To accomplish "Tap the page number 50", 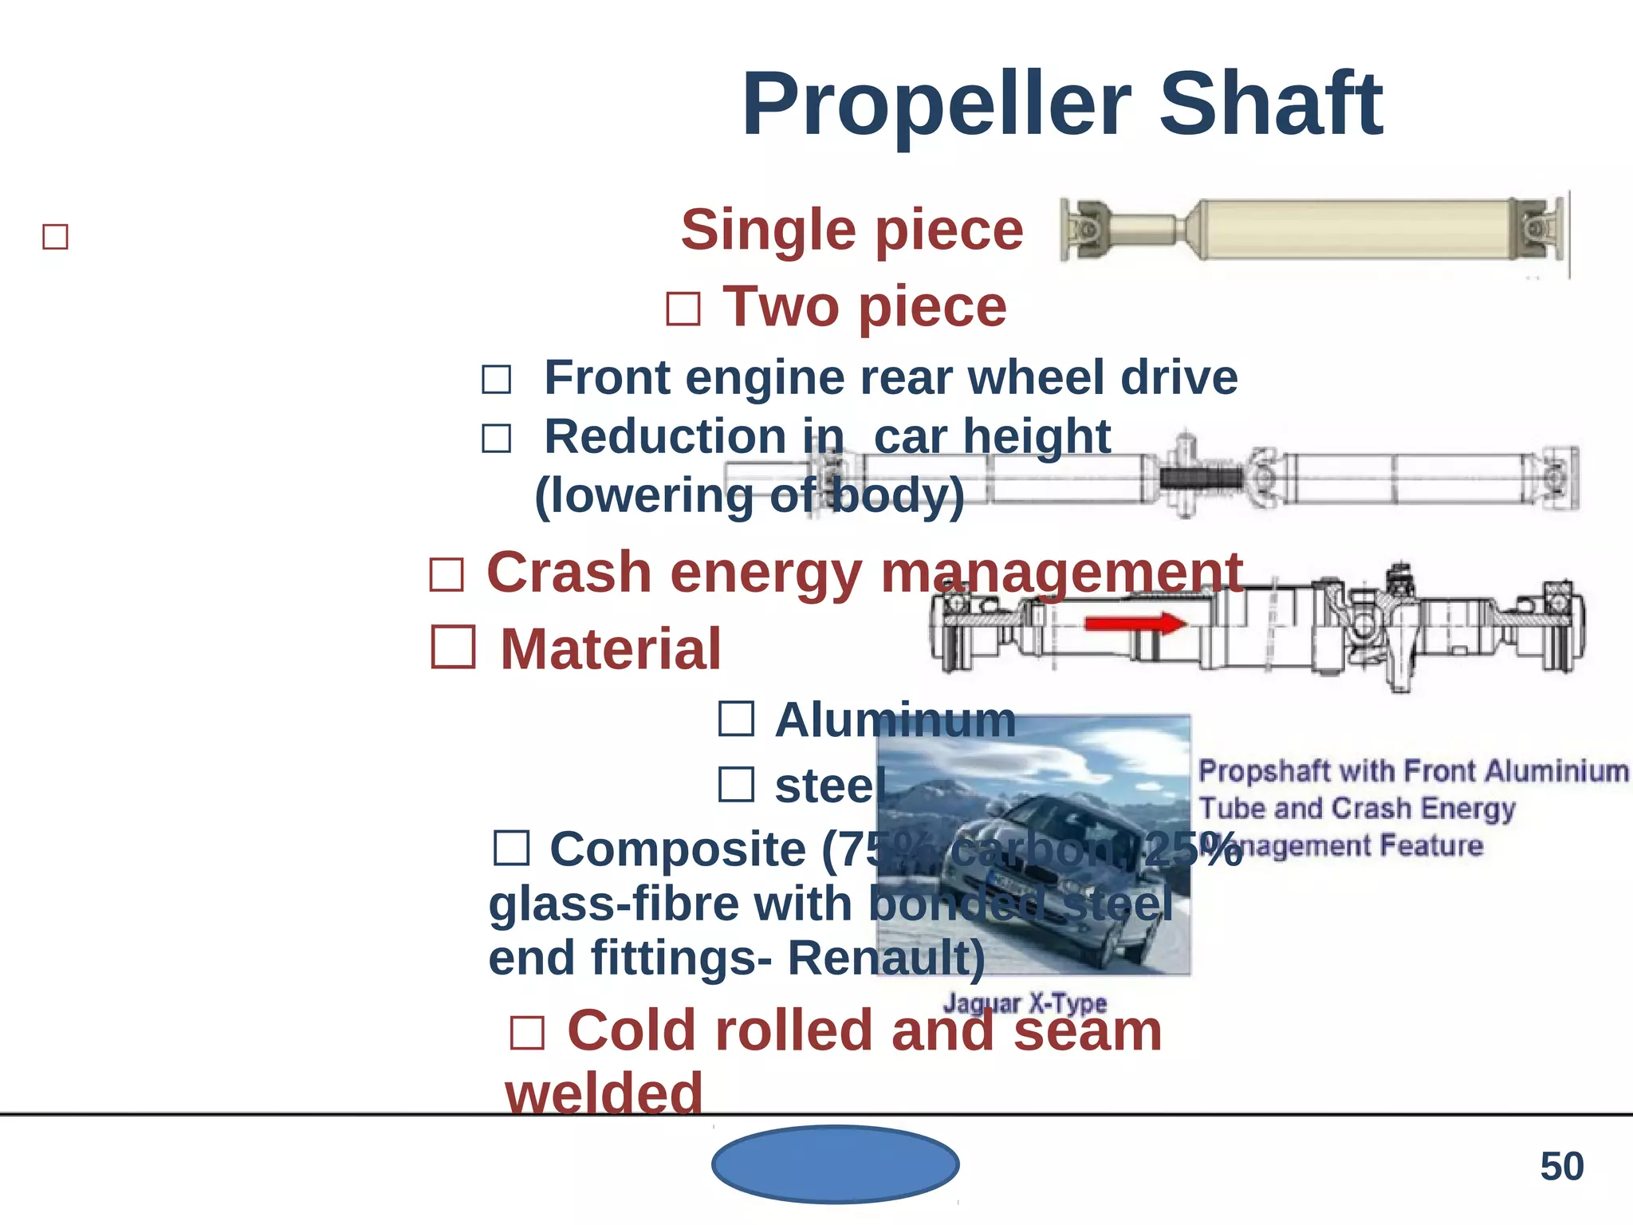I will (x=1561, y=1166).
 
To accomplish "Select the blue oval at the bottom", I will (x=835, y=1164).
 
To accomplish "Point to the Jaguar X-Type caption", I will (x=1025, y=1002).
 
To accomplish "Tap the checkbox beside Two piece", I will (x=683, y=309).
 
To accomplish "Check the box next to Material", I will (x=454, y=647).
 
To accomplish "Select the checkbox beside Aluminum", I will (x=736, y=719).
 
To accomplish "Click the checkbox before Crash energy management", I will (x=447, y=574).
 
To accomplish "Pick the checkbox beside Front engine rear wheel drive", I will (x=496, y=379).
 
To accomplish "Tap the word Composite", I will (x=678, y=849).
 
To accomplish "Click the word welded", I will (x=604, y=1093).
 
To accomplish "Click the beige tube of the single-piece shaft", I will (x=1356, y=230).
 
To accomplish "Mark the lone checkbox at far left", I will (x=55, y=237).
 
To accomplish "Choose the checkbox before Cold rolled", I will (x=527, y=1033).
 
